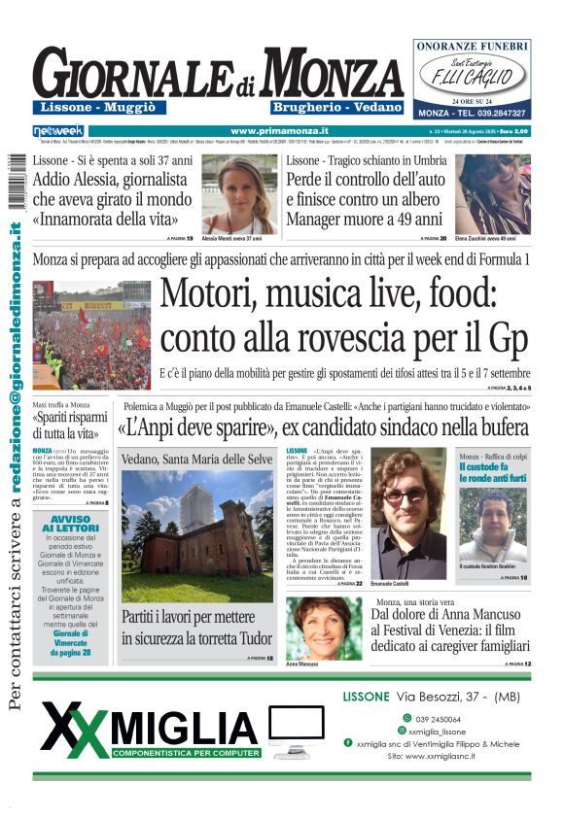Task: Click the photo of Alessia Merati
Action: tap(238, 193)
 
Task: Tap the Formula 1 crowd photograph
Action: tap(91, 334)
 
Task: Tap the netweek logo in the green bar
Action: tap(58, 130)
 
